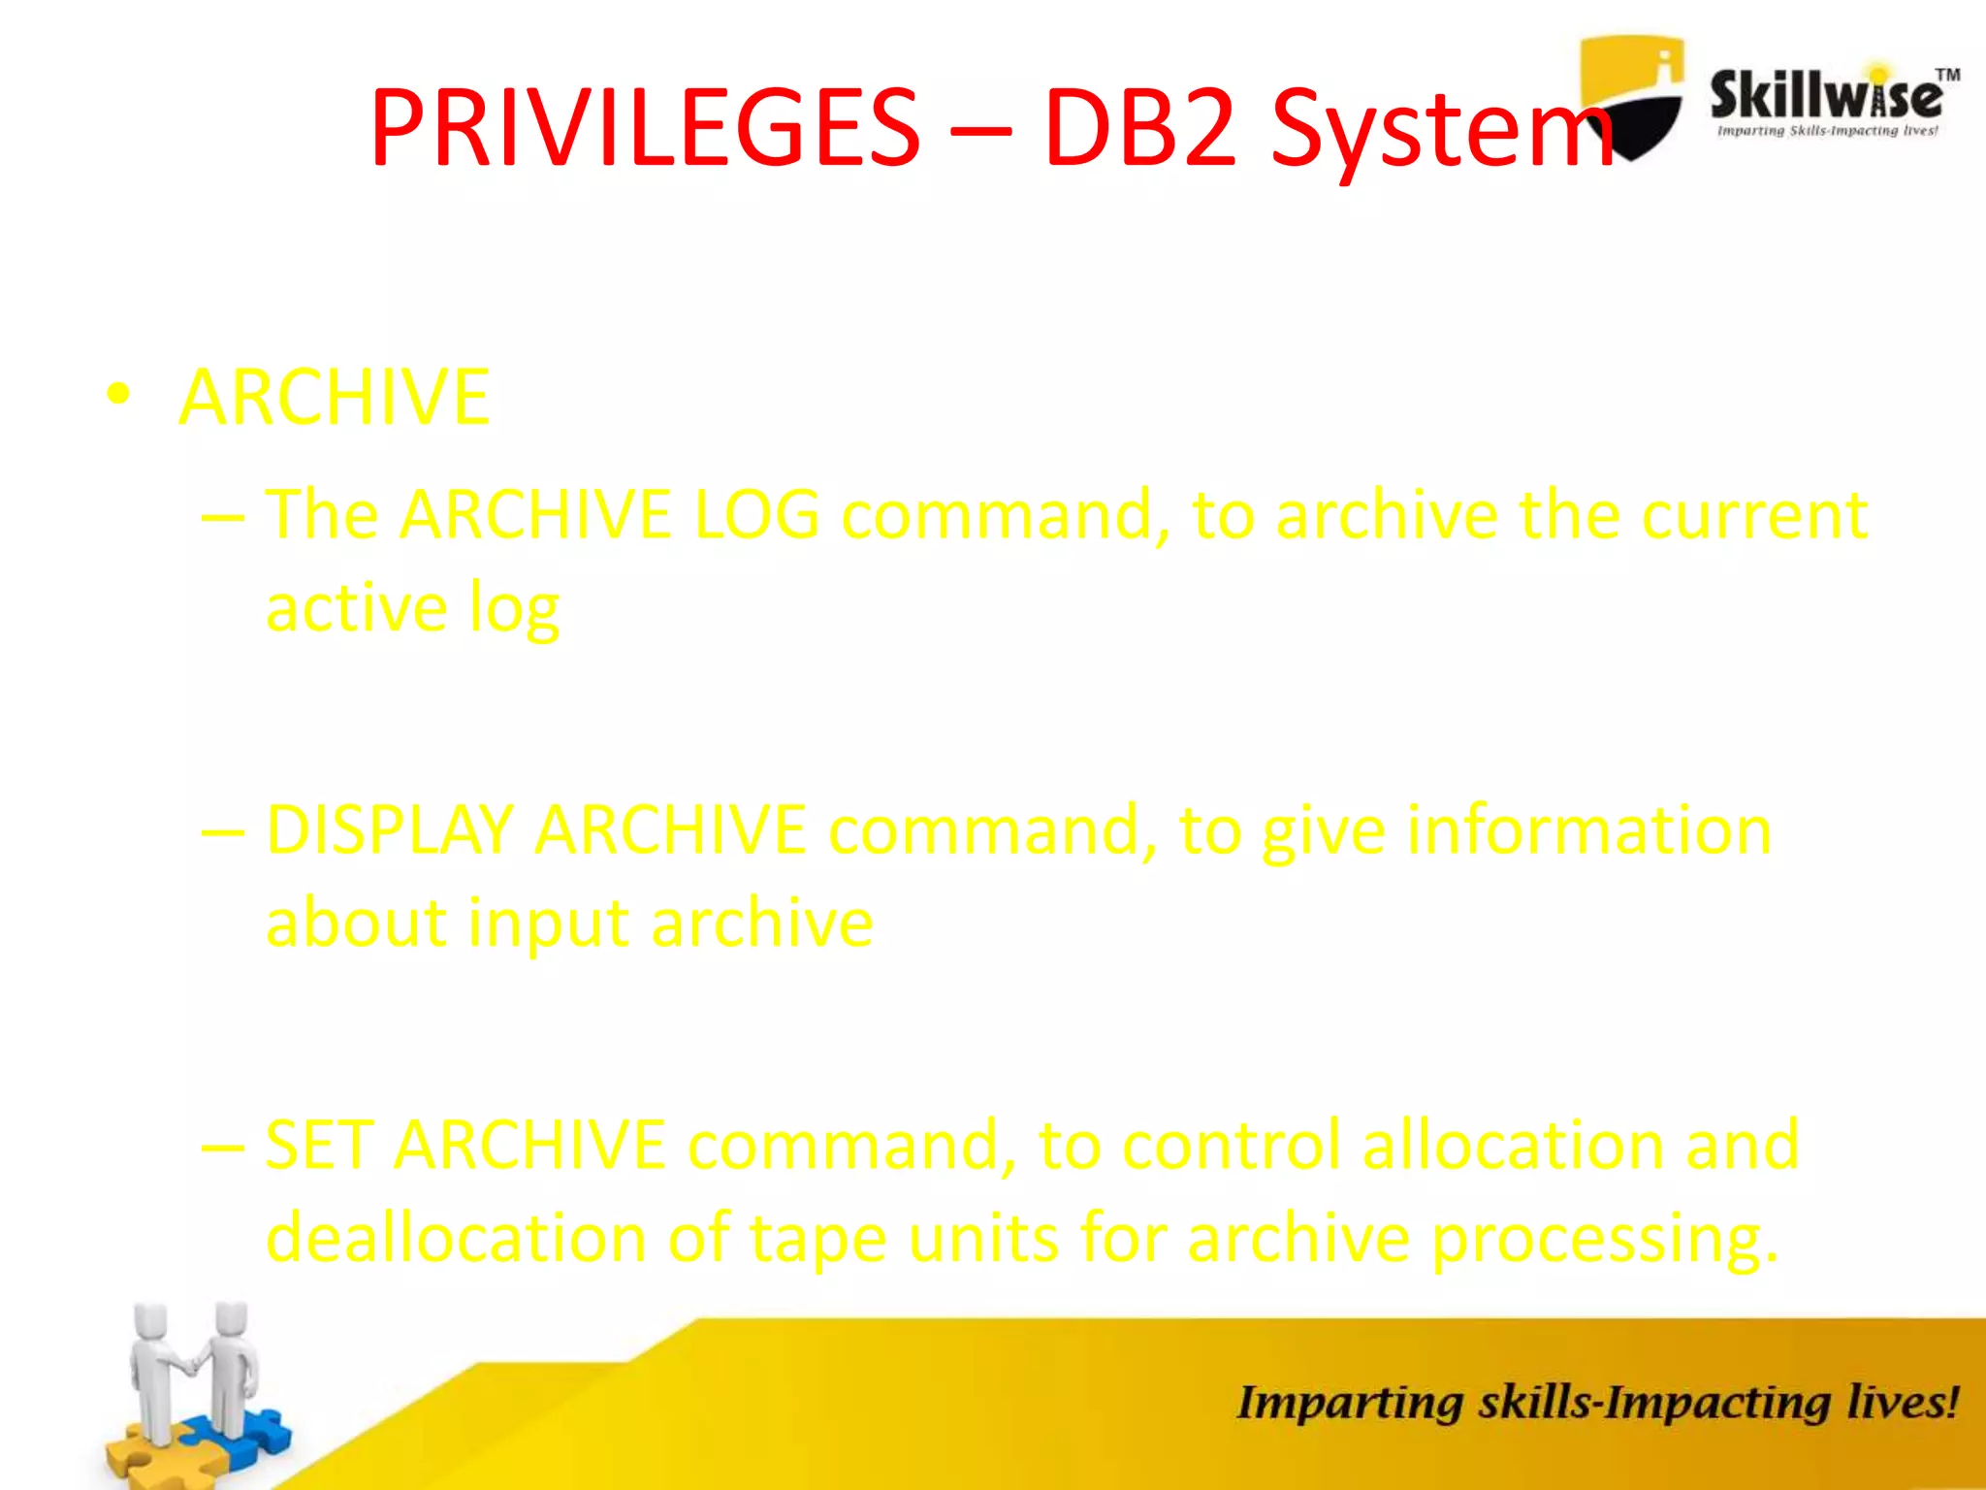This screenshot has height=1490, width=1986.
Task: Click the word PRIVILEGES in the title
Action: tap(644, 128)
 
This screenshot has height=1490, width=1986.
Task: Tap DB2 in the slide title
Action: tap(1141, 128)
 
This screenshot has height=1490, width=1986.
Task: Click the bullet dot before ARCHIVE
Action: tap(118, 395)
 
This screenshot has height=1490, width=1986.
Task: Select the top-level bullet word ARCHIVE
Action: tap(335, 397)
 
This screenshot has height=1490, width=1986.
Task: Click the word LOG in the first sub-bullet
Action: tap(756, 514)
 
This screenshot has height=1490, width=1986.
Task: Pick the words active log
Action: tap(412, 609)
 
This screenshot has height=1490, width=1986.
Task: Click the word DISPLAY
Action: tap(388, 830)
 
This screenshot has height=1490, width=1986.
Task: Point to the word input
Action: tap(548, 923)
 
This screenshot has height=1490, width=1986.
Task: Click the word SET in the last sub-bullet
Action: tap(319, 1145)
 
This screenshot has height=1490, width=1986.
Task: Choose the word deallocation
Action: tap(456, 1238)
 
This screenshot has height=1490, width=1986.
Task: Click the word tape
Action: tap(818, 1240)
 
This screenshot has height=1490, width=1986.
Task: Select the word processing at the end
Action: tap(1604, 1240)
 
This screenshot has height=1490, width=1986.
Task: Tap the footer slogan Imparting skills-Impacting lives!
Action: tap(1596, 1403)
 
